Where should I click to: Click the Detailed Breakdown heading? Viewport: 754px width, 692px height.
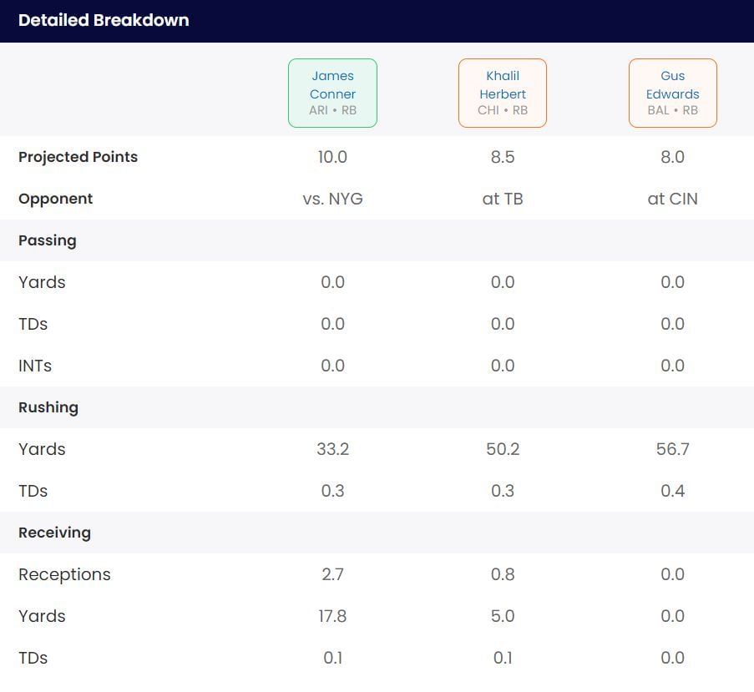[104, 20]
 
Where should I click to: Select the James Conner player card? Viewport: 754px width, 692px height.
[332, 93]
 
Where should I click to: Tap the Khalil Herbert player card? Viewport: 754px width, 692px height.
[503, 93]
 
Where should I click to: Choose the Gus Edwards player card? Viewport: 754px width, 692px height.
[672, 93]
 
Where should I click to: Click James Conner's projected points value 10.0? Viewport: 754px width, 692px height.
[332, 157]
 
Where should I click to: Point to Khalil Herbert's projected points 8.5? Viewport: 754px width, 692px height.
[503, 157]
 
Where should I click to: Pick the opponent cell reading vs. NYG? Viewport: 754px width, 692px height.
[332, 199]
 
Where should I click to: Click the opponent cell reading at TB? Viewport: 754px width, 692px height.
[503, 199]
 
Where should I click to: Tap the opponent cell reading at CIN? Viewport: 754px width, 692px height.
[672, 199]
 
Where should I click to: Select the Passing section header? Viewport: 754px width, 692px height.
[48, 240]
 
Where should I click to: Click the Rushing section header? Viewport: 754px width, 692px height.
[48, 407]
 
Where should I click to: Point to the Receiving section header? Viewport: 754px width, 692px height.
[54, 533]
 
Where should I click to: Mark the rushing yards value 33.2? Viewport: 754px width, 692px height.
[332, 449]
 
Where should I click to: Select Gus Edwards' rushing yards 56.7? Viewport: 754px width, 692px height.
[672, 449]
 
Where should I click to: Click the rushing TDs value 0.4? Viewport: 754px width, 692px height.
[672, 491]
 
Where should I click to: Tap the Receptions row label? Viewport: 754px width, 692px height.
[64, 574]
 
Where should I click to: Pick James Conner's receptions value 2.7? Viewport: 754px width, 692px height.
[332, 574]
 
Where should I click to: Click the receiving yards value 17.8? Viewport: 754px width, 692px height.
[332, 616]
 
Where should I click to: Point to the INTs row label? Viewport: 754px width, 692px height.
[35, 366]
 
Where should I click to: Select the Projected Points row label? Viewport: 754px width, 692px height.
[78, 157]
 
